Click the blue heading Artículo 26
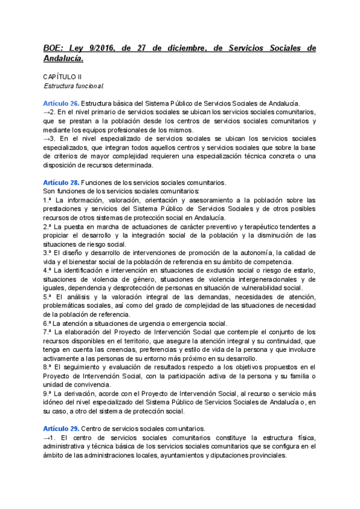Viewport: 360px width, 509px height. pyautogui.click(x=60, y=103)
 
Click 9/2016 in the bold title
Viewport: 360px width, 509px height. pyautogui.click(x=103, y=49)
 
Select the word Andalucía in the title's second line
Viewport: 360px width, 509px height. pyautogui.click(x=63, y=59)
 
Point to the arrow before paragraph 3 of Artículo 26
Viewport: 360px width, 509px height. pyautogui.click(x=47, y=139)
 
